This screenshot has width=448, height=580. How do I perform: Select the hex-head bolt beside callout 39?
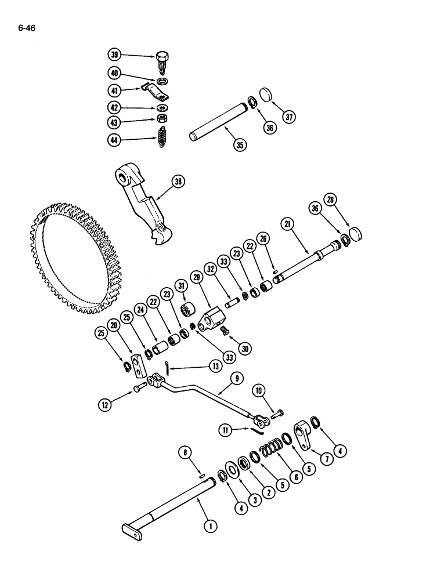(x=162, y=60)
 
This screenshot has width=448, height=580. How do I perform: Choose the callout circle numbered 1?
(x=209, y=527)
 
